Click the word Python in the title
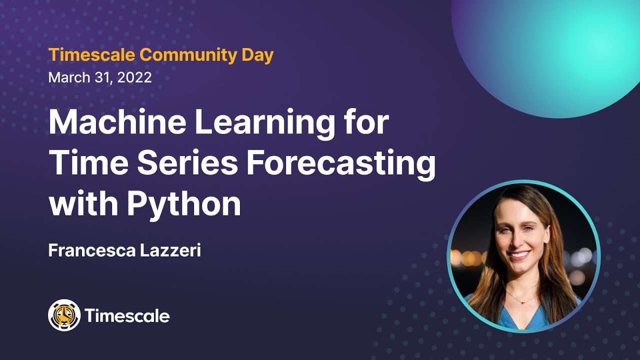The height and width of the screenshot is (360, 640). click(x=183, y=204)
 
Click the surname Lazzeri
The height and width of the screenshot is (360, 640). click(x=168, y=250)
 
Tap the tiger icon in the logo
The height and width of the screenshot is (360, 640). click(x=64, y=315)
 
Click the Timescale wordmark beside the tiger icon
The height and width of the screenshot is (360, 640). click(x=127, y=316)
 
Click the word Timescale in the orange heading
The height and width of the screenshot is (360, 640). click(x=92, y=55)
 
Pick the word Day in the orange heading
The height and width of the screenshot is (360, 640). click(x=259, y=55)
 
